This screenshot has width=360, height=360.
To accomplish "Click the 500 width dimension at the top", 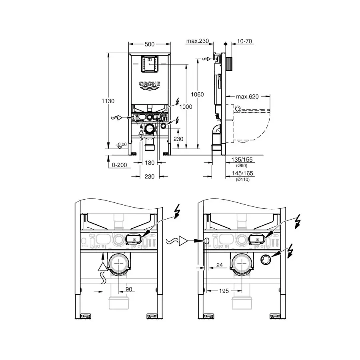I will [x=150, y=44].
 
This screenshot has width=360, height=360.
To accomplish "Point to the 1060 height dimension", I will [x=198, y=94].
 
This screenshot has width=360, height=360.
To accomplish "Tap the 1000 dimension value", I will [x=185, y=107].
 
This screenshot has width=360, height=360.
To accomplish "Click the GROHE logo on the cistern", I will [x=150, y=84].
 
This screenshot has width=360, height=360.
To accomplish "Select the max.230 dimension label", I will [x=198, y=41].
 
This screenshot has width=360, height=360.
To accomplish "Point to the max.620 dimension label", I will [x=247, y=96].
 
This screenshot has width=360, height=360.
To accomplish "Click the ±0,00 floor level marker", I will [x=121, y=144].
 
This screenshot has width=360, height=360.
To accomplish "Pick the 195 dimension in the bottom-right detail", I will [x=224, y=291].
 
